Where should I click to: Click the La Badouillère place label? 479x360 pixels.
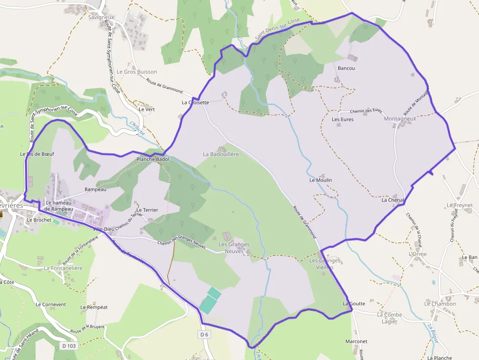(221, 154)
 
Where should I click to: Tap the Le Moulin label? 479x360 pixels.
(321, 180)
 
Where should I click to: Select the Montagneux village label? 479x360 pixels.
(400, 119)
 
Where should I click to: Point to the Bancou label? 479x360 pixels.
(346, 68)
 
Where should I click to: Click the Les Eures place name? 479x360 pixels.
(343, 119)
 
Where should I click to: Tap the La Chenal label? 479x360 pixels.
(392, 200)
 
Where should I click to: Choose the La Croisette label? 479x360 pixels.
(196, 103)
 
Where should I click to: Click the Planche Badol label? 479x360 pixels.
(152, 159)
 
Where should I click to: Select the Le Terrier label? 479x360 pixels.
(147, 210)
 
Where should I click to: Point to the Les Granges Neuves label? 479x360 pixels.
(234, 248)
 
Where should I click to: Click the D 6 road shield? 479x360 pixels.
(204, 335)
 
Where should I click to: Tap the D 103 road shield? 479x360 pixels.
(69, 346)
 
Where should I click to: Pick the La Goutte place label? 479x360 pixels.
(354, 303)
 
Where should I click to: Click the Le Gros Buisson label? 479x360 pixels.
(137, 72)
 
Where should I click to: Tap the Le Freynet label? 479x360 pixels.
(460, 205)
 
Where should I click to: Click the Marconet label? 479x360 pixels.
(356, 341)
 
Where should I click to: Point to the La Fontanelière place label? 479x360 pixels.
(64, 268)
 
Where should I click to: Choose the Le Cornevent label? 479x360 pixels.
(51, 304)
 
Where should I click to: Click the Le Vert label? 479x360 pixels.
(147, 109)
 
